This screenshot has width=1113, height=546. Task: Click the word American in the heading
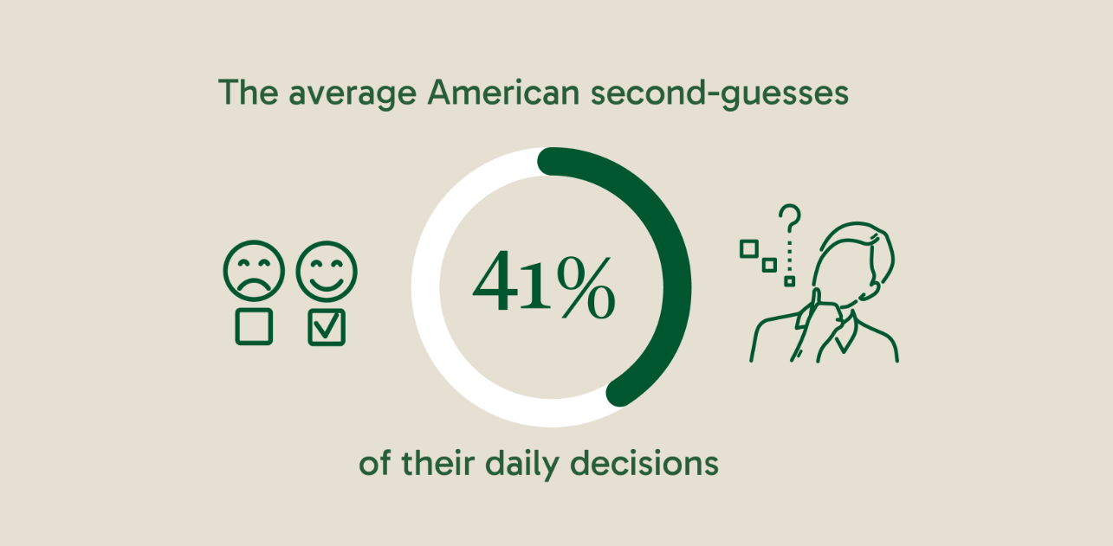pyautogui.click(x=504, y=93)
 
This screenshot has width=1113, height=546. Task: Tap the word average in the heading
pyautogui.click(x=353, y=95)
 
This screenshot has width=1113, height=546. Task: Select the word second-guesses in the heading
pyautogui.click(x=720, y=93)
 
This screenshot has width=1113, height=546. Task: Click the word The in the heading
pyautogui.click(x=248, y=92)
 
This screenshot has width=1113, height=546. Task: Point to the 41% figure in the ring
pyautogui.click(x=544, y=285)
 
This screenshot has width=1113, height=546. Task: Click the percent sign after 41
pyautogui.click(x=586, y=287)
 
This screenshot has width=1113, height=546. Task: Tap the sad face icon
pyautogui.click(x=254, y=271)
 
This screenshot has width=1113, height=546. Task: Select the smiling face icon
pyautogui.click(x=327, y=271)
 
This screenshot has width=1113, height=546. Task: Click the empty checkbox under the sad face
pyautogui.click(x=254, y=326)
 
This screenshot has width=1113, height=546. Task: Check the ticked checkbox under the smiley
pyautogui.click(x=327, y=328)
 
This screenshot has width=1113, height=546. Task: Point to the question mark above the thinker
pyautogui.click(x=790, y=218)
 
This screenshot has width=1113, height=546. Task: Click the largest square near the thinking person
pyautogui.click(x=749, y=248)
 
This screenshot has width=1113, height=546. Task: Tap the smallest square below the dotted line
pyautogui.click(x=790, y=281)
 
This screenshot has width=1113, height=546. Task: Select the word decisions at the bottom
pyautogui.click(x=644, y=463)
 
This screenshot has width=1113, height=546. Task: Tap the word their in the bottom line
pyautogui.click(x=437, y=463)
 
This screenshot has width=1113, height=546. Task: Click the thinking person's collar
pyautogui.click(x=845, y=333)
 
